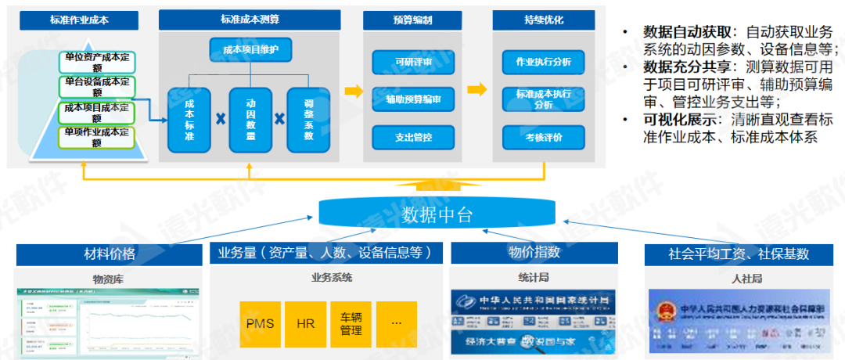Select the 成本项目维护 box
click(250, 50)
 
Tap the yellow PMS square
click(260, 323)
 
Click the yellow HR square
click(304, 323)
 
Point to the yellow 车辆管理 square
click(351, 323)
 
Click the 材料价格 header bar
click(110, 254)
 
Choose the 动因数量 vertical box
click(251, 120)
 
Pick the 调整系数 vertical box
click(308, 120)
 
